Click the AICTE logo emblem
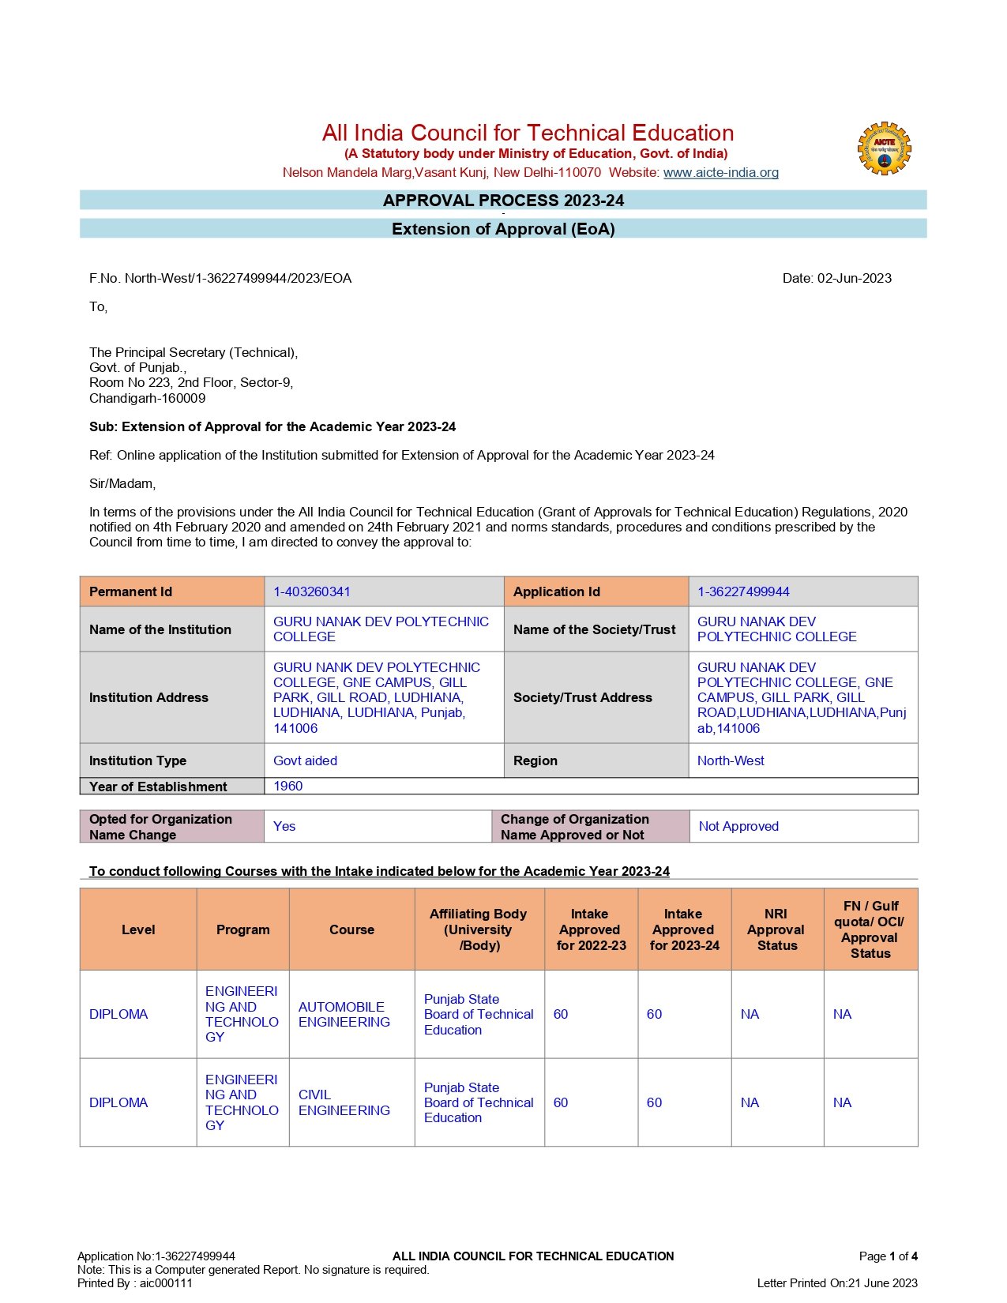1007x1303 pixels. pos(884,148)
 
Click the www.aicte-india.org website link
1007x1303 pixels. pos(720,172)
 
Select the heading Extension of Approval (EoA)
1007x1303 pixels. pos(503,229)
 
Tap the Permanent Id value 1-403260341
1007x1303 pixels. pos(312,591)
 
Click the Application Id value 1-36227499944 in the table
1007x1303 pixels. pos(743,591)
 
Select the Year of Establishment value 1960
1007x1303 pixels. pos(288,786)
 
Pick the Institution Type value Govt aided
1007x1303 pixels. pos(305,760)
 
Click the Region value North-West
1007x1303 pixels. pos(731,760)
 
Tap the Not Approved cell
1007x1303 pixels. pos(738,826)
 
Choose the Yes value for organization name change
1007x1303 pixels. pos(284,826)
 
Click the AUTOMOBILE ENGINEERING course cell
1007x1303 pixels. pos(344,1014)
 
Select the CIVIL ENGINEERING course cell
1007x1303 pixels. pos(344,1102)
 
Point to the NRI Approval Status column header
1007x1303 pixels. pos(776,929)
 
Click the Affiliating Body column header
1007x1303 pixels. pos(479,929)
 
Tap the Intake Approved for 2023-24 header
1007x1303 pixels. pos(684,929)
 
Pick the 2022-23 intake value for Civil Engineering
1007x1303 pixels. pos(561,1102)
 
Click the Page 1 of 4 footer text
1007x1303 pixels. pos(888,1256)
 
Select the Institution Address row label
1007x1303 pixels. pos(148,697)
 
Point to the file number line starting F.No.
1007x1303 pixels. pos(220,278)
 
